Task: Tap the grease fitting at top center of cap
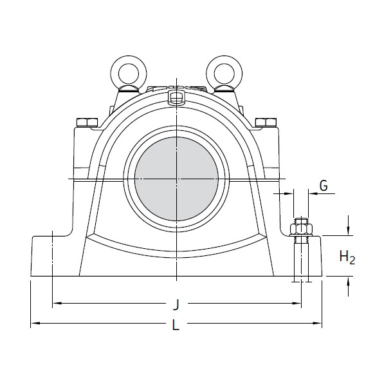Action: point(174,97)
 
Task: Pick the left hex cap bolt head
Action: point(84,122)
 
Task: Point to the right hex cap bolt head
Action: point(264,122)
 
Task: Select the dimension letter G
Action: point(324,186)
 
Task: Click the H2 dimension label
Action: point(347,258)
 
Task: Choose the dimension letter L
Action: point(176,327)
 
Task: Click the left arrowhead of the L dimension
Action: point(35,322)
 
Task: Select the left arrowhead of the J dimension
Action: point(56,302)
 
